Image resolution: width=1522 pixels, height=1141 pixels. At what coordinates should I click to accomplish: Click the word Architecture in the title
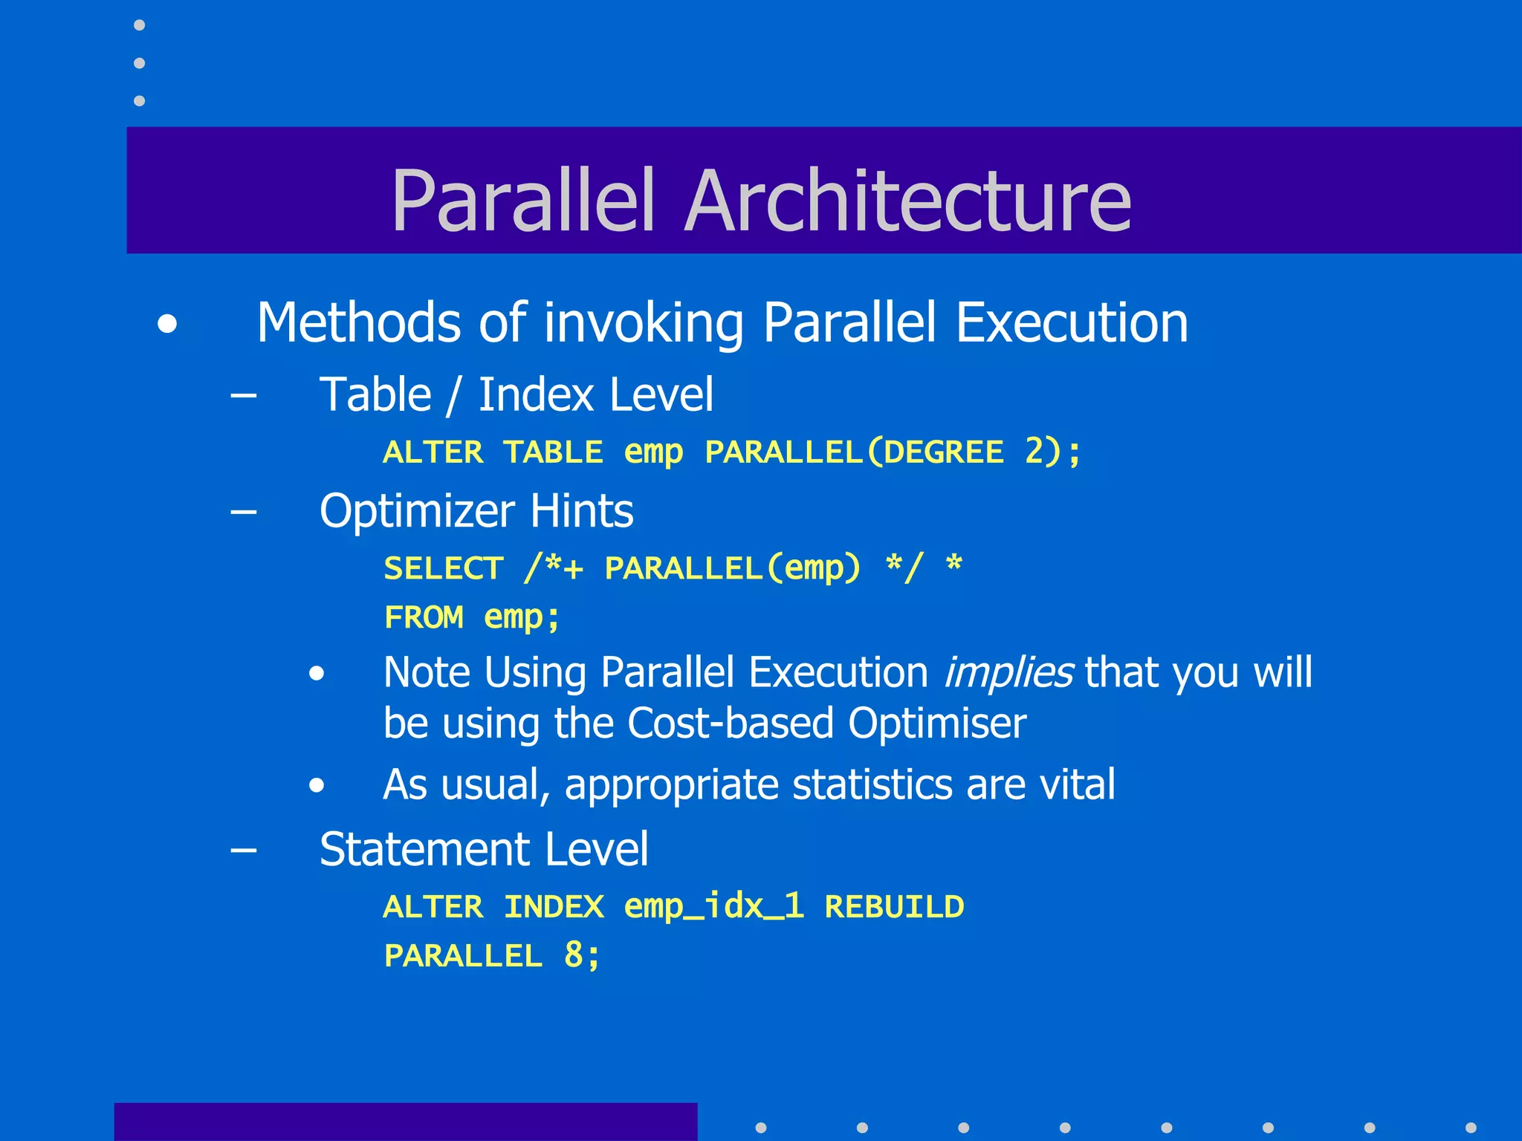pos(908,201)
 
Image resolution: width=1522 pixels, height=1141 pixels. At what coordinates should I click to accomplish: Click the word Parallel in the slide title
pos(523,201)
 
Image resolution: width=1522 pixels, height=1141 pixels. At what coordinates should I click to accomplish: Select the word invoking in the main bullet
pos(644,324)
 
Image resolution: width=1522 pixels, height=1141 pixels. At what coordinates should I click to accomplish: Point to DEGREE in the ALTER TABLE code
pos(944,452)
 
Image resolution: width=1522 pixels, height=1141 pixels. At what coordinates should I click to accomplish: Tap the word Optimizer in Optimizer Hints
pos(417,512)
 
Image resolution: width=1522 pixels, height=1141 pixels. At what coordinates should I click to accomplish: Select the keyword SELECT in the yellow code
pos(444,569)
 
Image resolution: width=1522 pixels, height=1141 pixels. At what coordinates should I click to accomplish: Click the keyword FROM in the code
pos(424,617)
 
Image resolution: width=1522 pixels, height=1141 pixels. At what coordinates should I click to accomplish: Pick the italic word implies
pos(1008,673)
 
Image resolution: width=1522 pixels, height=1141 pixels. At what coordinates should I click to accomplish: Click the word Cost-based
pos(730,724)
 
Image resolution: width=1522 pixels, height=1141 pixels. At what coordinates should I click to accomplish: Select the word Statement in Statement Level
pos(424,849)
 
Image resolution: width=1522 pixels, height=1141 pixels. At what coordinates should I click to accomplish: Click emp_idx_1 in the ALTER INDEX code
pos(713,907)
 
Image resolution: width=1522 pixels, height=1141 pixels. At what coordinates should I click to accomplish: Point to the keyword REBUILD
pos(894,907)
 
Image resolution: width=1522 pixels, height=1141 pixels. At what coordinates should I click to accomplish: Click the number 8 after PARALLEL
pos(574,955)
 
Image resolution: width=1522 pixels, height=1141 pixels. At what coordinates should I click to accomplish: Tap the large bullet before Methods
pos(168,325)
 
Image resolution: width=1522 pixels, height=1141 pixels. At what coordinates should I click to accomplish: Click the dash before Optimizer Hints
pos(244,512)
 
